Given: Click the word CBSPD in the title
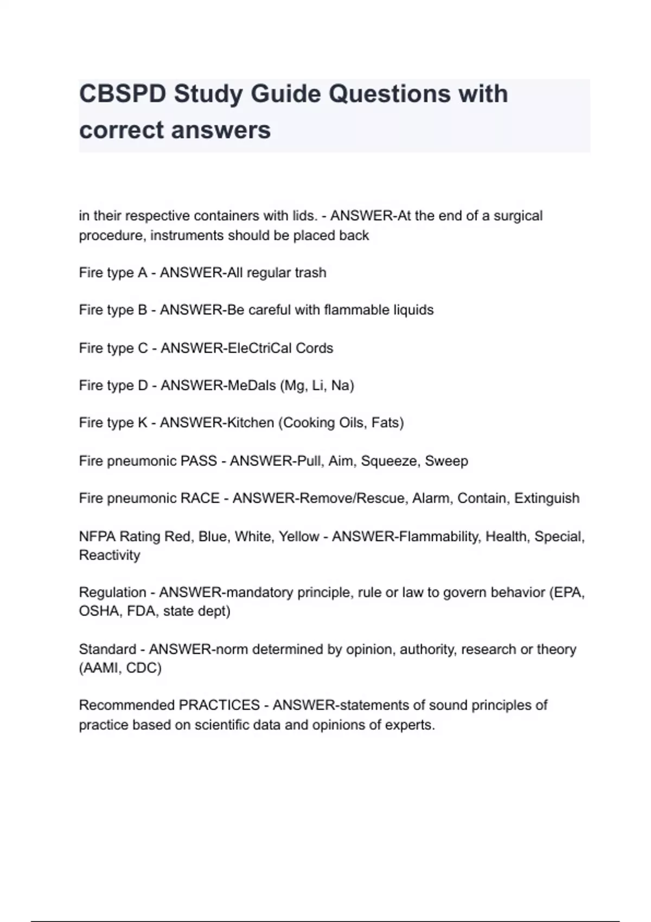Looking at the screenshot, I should pos(123,94).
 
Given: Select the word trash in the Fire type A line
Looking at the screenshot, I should pos(310,272).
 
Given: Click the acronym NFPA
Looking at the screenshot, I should pos(97,536).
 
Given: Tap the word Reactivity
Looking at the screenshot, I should pos(110,555).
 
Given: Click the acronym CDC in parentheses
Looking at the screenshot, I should pos(143,668).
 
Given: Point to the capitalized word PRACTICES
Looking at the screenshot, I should pos(219,705).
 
